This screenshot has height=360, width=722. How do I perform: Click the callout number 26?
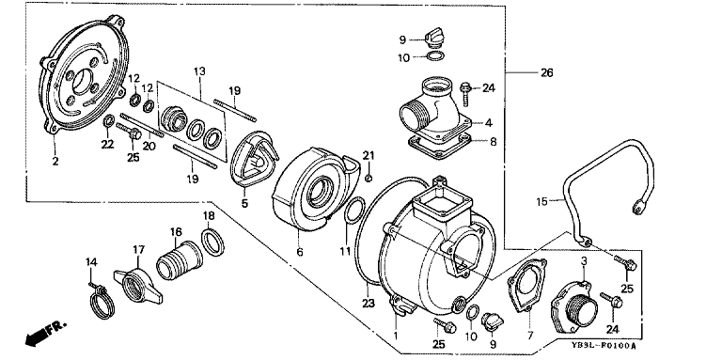546,73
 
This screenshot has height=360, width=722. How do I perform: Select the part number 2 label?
55,162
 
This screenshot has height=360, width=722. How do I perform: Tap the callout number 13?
199,71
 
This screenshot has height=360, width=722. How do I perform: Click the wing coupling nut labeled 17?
138,285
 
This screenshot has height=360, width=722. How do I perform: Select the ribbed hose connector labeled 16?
179,258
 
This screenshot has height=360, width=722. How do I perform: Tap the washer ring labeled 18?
212,242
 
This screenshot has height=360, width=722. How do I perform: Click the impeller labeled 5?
252,164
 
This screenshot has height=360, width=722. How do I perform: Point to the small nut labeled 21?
368,179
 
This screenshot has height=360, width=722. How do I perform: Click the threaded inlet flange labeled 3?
575,307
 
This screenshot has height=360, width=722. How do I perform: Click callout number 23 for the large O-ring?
369,304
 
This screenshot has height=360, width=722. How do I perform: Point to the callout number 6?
300,252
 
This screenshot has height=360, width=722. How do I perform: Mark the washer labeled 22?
108,121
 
